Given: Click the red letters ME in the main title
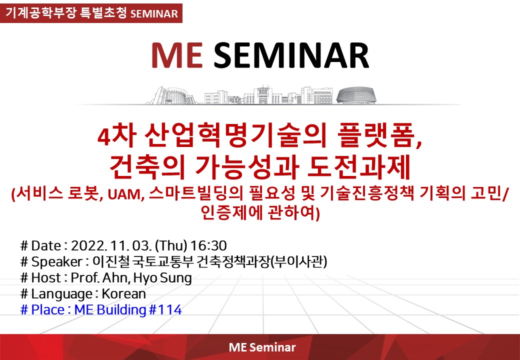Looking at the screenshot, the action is click(177, 55).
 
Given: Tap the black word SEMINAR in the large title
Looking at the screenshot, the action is click(291, 55).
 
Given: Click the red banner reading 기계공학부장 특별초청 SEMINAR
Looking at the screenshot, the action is click(91, 13).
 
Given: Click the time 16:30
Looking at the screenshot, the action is click(208, 245).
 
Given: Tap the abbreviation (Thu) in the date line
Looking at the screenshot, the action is click(171, 245).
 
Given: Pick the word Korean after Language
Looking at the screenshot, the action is click(123, 293).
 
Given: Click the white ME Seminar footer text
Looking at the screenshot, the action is click(262, 347).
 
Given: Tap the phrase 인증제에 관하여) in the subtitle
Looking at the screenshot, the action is click(260, 212).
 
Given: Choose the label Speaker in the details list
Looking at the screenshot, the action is click(56, 262).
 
